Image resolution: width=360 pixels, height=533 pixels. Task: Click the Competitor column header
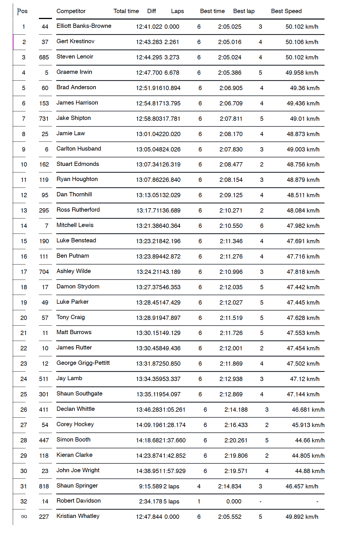71,11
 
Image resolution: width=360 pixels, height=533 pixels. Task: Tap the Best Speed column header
286,11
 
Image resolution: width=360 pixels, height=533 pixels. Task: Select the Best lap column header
244,11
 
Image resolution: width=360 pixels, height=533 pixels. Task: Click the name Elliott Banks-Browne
84,26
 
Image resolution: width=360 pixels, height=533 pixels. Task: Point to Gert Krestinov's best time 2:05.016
230,42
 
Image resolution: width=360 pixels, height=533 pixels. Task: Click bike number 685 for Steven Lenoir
44,57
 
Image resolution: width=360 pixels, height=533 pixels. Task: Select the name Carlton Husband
79,149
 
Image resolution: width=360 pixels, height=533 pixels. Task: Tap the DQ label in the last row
24,517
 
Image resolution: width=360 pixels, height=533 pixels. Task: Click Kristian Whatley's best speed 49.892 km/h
302,517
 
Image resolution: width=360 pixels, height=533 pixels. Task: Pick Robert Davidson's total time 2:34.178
150,501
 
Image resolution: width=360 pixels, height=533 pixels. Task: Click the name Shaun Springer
77,486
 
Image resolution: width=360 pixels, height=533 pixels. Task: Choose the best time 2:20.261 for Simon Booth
236,440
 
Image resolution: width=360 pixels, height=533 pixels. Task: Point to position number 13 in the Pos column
24,211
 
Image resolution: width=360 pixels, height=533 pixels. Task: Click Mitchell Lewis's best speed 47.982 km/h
303,226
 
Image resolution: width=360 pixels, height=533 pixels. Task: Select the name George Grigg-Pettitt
83,363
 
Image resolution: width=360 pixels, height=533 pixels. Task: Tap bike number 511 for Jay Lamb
44,379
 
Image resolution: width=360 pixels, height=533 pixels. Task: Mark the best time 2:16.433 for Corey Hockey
236,425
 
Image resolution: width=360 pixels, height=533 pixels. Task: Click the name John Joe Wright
78,470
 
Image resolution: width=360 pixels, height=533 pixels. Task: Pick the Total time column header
126,11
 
